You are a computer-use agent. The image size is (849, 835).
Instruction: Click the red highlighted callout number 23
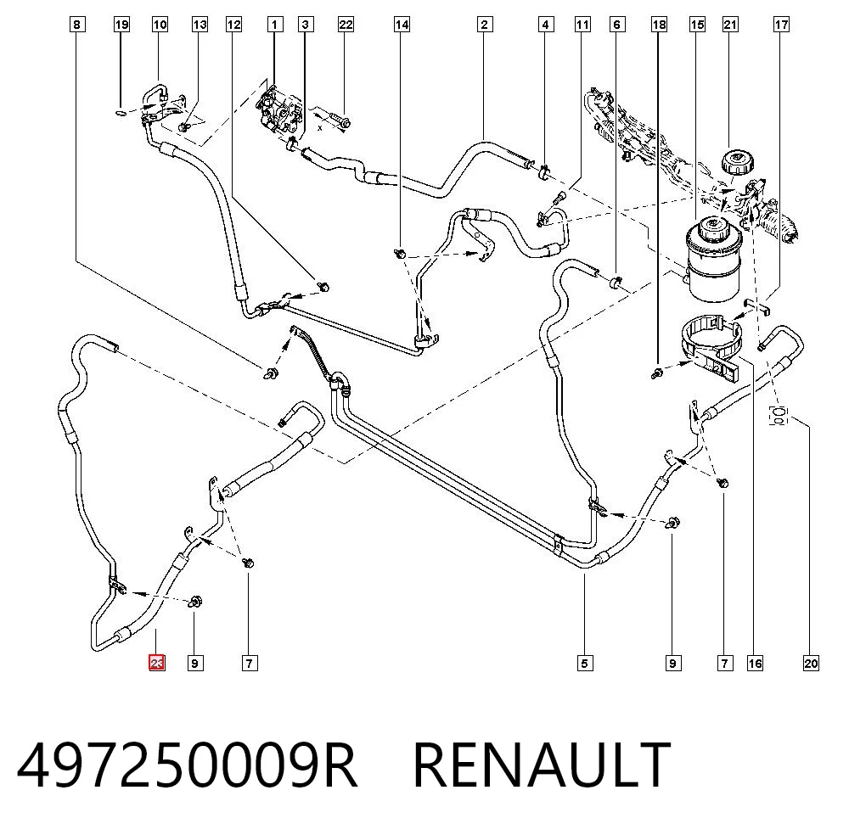(156, 663)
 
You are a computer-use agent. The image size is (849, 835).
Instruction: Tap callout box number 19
(121, 25)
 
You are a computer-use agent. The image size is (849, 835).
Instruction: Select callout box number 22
(346, 25)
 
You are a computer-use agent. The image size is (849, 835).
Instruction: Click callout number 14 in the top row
(402, 25)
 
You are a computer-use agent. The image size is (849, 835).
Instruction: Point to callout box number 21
(730, 25)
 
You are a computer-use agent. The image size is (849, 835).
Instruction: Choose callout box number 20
(811, 663)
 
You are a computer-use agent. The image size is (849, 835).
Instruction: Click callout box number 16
(755, 663)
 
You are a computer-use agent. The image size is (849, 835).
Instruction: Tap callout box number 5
(584, 663)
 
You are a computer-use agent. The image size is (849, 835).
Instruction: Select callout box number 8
(77, 25)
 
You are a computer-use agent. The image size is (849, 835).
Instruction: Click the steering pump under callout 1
(280, 109)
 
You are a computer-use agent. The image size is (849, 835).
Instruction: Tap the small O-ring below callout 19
(121, 113)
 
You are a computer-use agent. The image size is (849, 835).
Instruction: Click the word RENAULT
(542, 765)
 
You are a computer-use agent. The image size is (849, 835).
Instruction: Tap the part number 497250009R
(187, 765)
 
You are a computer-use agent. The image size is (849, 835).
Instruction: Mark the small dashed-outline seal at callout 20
(778, 415)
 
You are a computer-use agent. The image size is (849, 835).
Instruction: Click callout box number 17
(781, 25)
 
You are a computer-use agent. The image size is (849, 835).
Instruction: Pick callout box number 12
(234, 25)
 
